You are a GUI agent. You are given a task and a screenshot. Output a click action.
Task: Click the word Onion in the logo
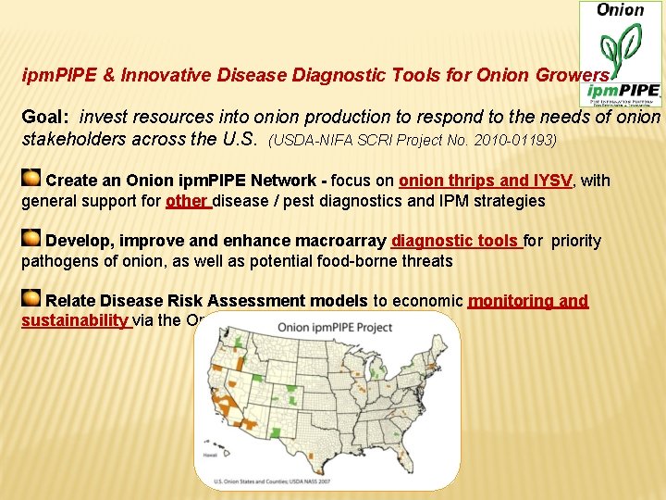coord(620,10)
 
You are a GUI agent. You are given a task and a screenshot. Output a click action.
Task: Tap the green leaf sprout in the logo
coord(620,50)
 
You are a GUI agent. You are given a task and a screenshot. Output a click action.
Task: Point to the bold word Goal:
coord(46,118)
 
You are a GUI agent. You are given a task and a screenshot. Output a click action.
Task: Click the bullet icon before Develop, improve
coord(31,239)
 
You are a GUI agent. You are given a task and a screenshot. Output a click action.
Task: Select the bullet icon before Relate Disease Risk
coord(31,298)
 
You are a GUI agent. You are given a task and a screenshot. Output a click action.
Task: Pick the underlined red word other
coord(186,201)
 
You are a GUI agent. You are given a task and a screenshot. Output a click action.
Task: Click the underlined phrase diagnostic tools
coord(455,241)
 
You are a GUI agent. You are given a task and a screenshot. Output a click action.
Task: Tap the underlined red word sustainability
coord(75,320)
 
